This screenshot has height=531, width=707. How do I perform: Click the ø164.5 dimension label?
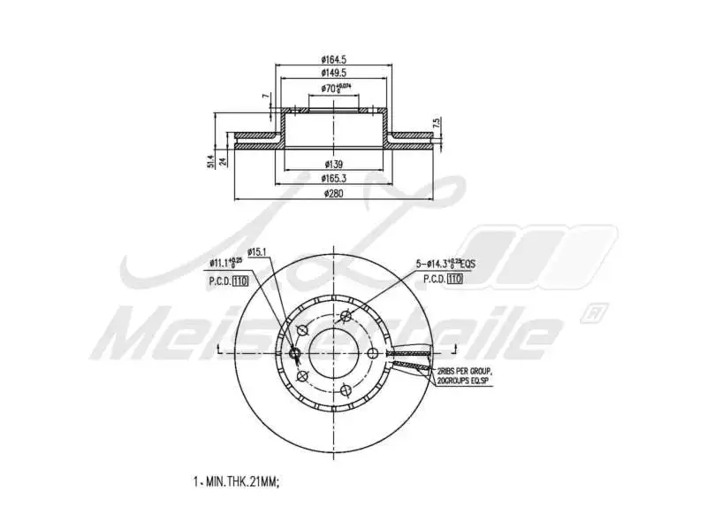pos(333,60)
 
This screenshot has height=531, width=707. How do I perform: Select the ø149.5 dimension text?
pos(333,73)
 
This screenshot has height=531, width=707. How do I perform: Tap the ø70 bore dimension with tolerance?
pos(335,88)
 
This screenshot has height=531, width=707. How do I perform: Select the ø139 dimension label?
pos(333,165)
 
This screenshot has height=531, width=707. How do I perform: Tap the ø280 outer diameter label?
pos(333,193)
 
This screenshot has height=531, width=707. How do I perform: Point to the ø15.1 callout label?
pos(257,253)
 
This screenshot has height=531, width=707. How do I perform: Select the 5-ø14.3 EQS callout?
pos(447,263)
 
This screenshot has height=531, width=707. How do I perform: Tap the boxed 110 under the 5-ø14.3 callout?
pos(455,279)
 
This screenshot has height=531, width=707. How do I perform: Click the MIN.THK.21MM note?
pos(236,482)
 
